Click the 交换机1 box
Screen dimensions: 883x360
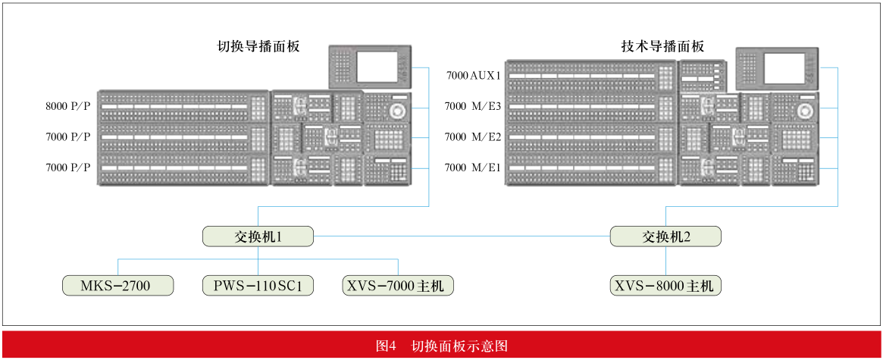258,236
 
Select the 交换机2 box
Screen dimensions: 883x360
665,236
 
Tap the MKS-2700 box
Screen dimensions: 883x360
117,286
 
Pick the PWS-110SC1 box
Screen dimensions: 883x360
258,286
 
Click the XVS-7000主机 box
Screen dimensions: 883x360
398,286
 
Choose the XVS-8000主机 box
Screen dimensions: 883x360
665,286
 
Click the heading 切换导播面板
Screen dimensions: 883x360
258,46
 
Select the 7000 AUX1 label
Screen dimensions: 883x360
473,75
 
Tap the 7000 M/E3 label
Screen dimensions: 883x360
472,105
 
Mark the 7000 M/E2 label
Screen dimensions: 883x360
472,136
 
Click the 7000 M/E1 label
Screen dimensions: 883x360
472,167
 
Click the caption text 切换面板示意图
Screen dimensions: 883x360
460,345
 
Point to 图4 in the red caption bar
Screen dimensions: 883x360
387,345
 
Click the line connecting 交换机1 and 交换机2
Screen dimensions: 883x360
462,236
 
